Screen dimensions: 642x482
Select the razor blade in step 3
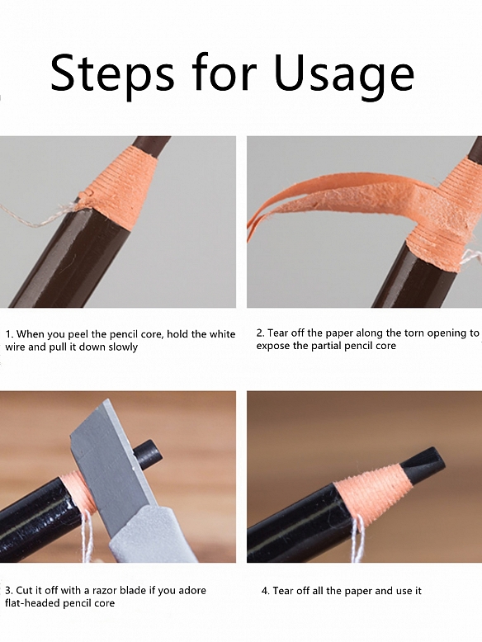point(111,462)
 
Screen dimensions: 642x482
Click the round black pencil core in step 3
point(146,451)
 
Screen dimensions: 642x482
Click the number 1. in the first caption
point(10,334)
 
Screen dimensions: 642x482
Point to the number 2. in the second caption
point(261,333)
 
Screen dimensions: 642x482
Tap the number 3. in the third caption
point(10,591)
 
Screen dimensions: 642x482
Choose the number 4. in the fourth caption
point(266,591)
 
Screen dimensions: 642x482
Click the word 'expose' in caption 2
point(273,347)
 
